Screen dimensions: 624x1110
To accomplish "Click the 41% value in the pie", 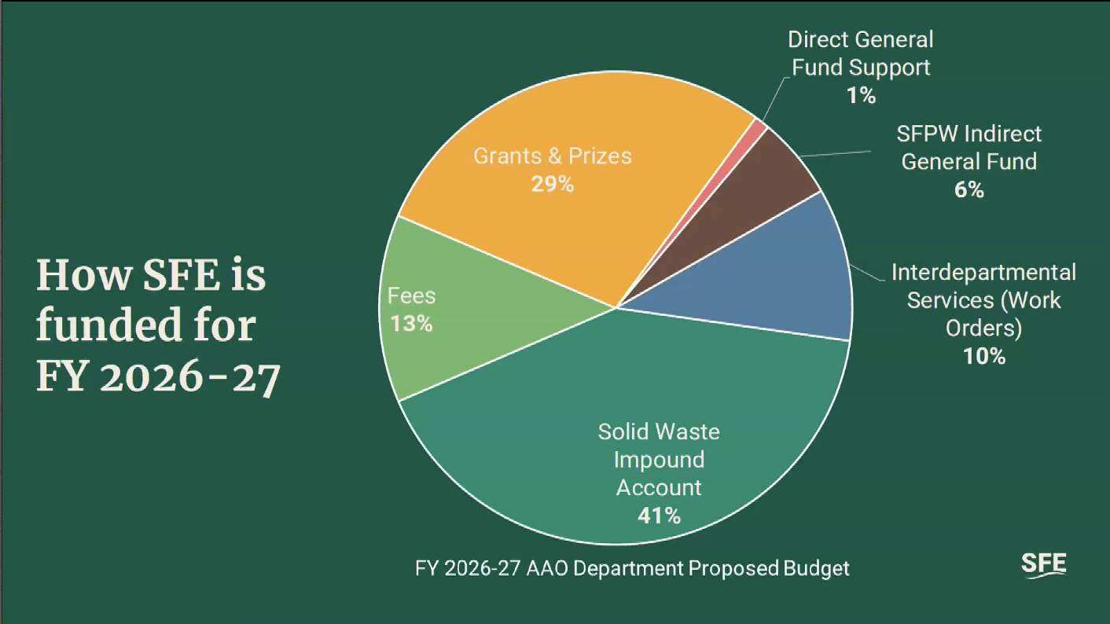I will (x=659, y=516).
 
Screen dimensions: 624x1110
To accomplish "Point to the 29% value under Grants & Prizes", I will (x=553, y=185).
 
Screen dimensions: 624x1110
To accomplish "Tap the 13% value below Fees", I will (x=411, y=323).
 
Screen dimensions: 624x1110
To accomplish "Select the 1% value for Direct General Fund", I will (x=861, y=96).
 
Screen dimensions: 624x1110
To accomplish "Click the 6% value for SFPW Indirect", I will (x=968, y=190).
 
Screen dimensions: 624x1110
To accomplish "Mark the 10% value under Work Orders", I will (x=984, y=356).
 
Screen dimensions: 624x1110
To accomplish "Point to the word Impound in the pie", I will (x=659, y=460).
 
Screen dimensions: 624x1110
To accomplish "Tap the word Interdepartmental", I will (x=983, y=273).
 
